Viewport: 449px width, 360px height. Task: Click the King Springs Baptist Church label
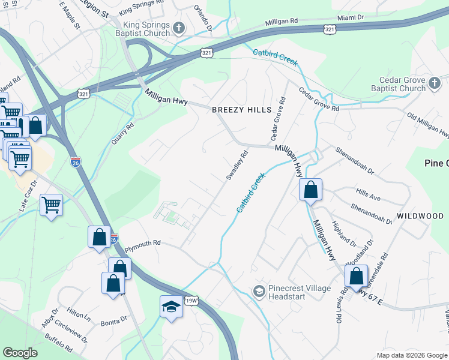pos(146,29)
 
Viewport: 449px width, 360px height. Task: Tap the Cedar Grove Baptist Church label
pos(402,85)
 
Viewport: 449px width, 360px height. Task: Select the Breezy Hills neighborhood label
pos(241,110)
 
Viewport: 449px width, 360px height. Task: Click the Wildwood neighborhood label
pos(420,215)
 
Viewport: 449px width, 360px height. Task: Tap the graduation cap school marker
pos(171,308)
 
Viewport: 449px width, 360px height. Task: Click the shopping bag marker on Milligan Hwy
pos(310,191)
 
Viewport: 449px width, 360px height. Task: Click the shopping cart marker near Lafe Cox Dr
pos(52,205)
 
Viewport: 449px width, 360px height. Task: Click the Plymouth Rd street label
pos(142,243)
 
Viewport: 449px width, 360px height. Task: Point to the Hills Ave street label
pos(368,197)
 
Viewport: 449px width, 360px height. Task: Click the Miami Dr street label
pos(351,18)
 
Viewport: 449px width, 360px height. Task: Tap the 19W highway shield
pos(191,301)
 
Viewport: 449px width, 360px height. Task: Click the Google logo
pos(20,353)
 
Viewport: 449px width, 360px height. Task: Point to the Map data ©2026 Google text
pos(412,355)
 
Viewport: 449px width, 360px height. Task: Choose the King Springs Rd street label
pos(141,9)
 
